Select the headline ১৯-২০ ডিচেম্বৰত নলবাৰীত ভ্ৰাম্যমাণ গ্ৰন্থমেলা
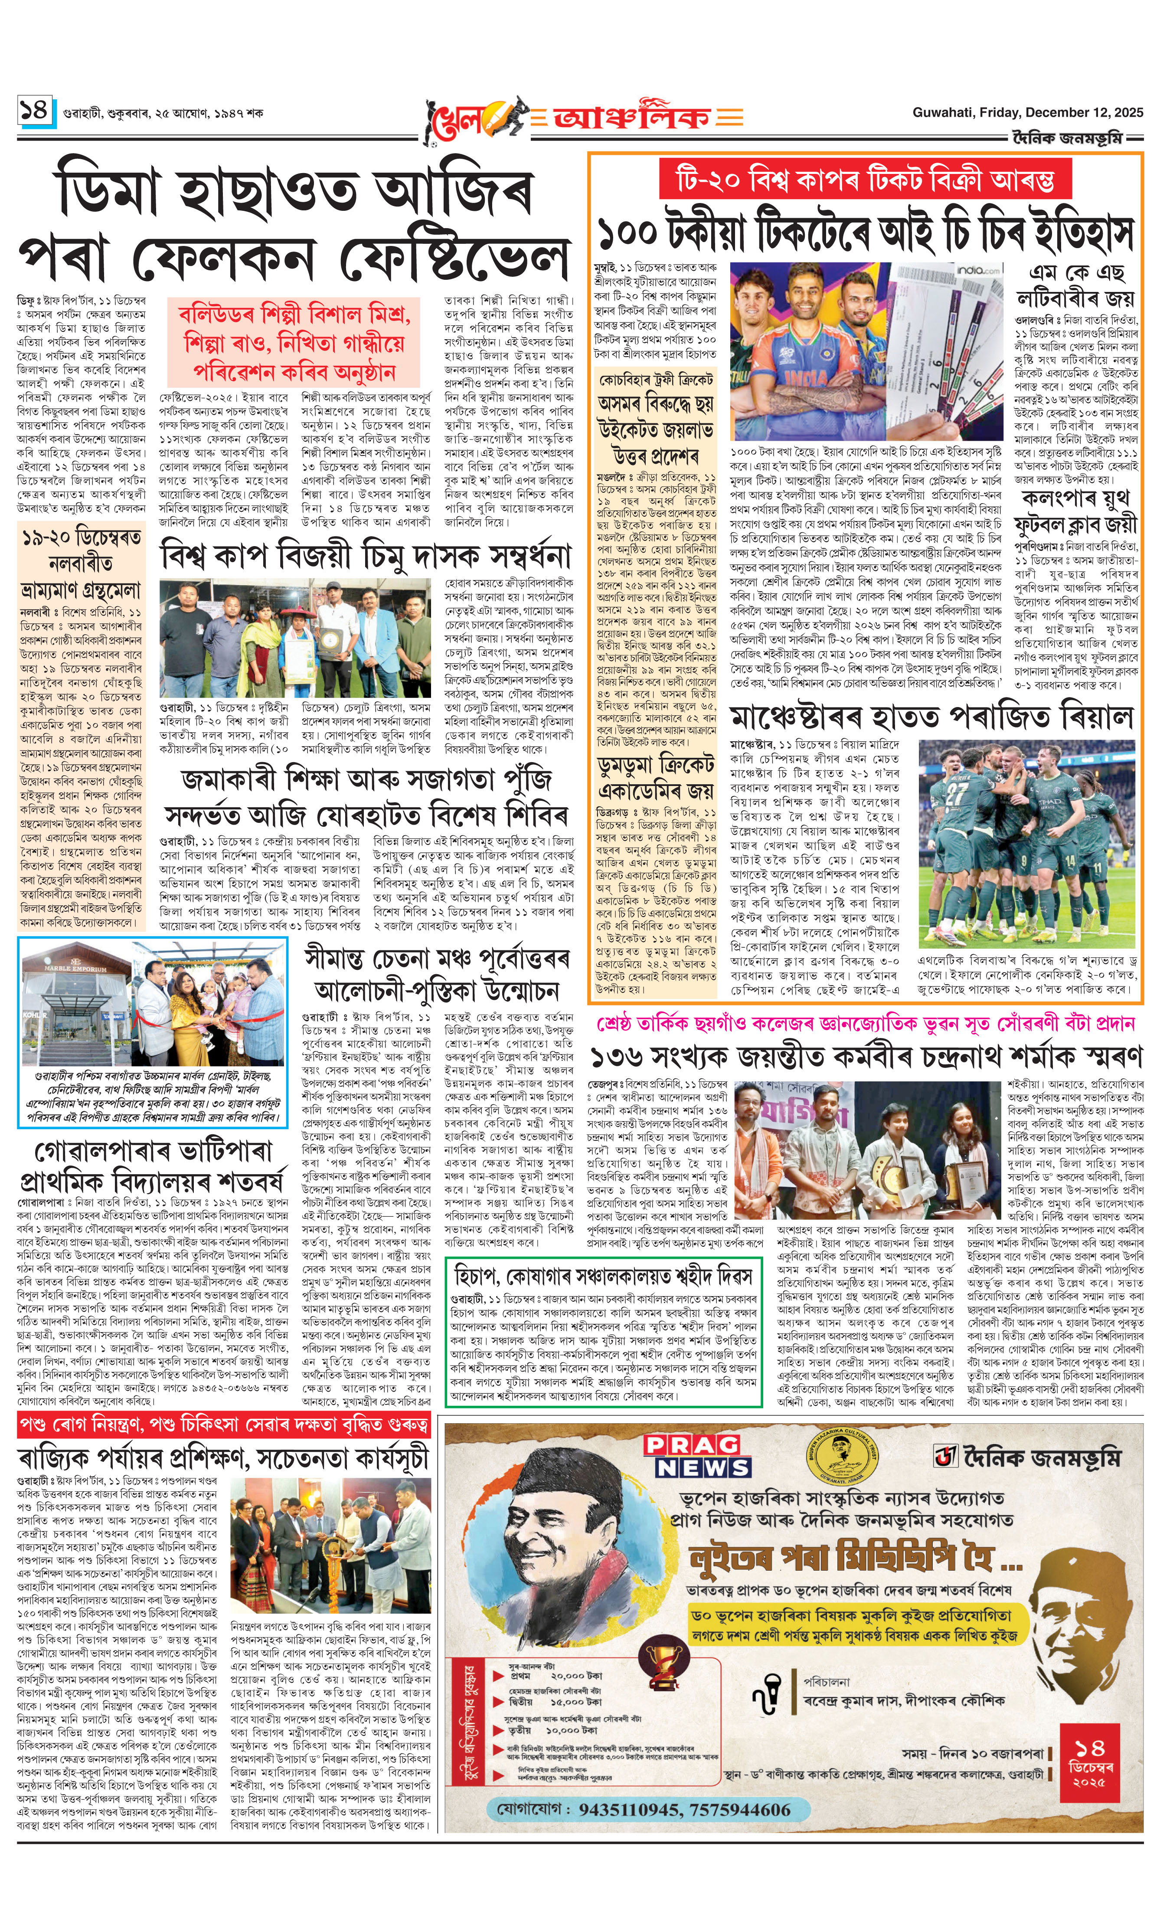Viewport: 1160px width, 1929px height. [81, 563]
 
